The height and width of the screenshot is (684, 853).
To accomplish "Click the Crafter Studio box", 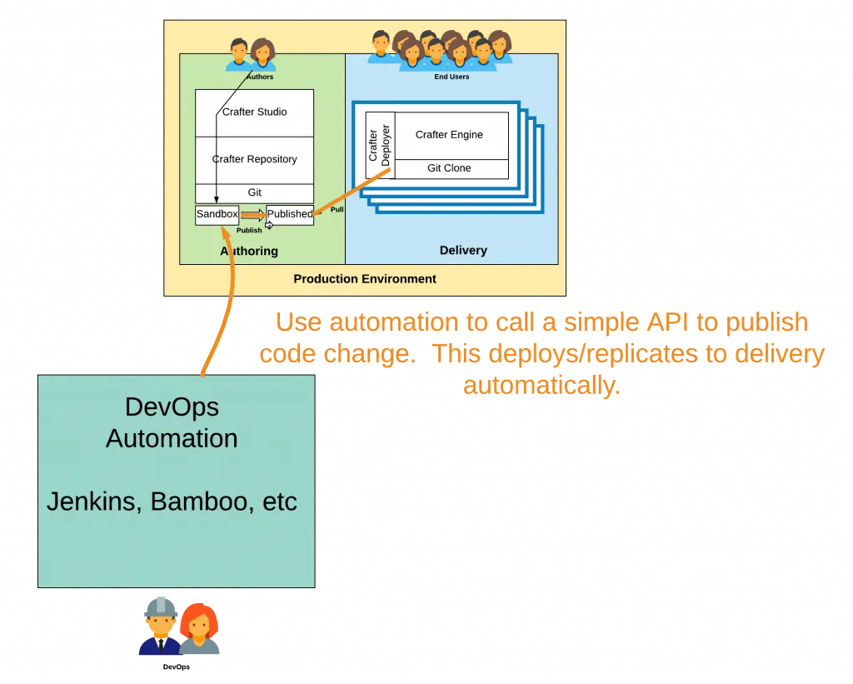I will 254,112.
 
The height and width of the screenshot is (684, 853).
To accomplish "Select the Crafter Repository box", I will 254,159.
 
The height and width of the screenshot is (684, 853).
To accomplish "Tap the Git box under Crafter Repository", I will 254,192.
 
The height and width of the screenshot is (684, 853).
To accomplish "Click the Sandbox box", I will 217,214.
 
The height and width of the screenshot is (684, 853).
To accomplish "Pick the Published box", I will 290,214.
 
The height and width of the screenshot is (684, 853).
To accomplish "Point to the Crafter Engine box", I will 449,135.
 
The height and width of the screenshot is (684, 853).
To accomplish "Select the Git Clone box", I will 449,168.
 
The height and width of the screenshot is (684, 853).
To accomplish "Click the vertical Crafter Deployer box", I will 379,144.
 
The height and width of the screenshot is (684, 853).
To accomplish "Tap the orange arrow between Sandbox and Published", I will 252,215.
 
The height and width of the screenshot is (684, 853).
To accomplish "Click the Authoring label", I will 249,251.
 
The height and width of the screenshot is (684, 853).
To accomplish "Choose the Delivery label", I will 463,251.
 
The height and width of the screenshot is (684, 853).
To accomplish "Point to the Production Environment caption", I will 365,279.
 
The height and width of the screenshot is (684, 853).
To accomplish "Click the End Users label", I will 451,77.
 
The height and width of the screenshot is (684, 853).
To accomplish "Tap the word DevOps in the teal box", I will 172,407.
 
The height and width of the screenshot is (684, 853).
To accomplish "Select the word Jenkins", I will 91,502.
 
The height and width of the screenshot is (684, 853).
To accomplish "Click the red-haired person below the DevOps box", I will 199,629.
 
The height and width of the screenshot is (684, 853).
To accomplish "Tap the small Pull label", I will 337,210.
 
